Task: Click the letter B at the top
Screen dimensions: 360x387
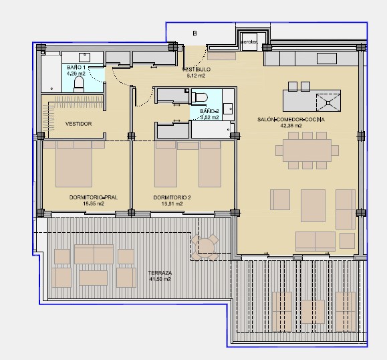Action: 195,33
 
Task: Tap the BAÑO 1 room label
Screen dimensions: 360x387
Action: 76,68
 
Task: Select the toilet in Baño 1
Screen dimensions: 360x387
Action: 79,83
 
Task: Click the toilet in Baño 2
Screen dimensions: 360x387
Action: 200,98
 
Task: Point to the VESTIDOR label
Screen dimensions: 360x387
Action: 78,124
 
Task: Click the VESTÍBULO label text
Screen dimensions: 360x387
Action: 197,69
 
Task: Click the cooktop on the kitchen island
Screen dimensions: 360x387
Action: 328,102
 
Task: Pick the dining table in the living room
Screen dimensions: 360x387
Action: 307,150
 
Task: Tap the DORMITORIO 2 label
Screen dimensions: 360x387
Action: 172,197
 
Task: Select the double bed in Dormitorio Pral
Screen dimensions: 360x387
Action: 74,164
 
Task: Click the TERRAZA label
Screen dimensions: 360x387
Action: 160,273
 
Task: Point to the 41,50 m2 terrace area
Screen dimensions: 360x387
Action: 160,279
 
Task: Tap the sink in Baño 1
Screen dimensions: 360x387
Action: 86,57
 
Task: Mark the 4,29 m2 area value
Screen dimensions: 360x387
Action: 76,74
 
